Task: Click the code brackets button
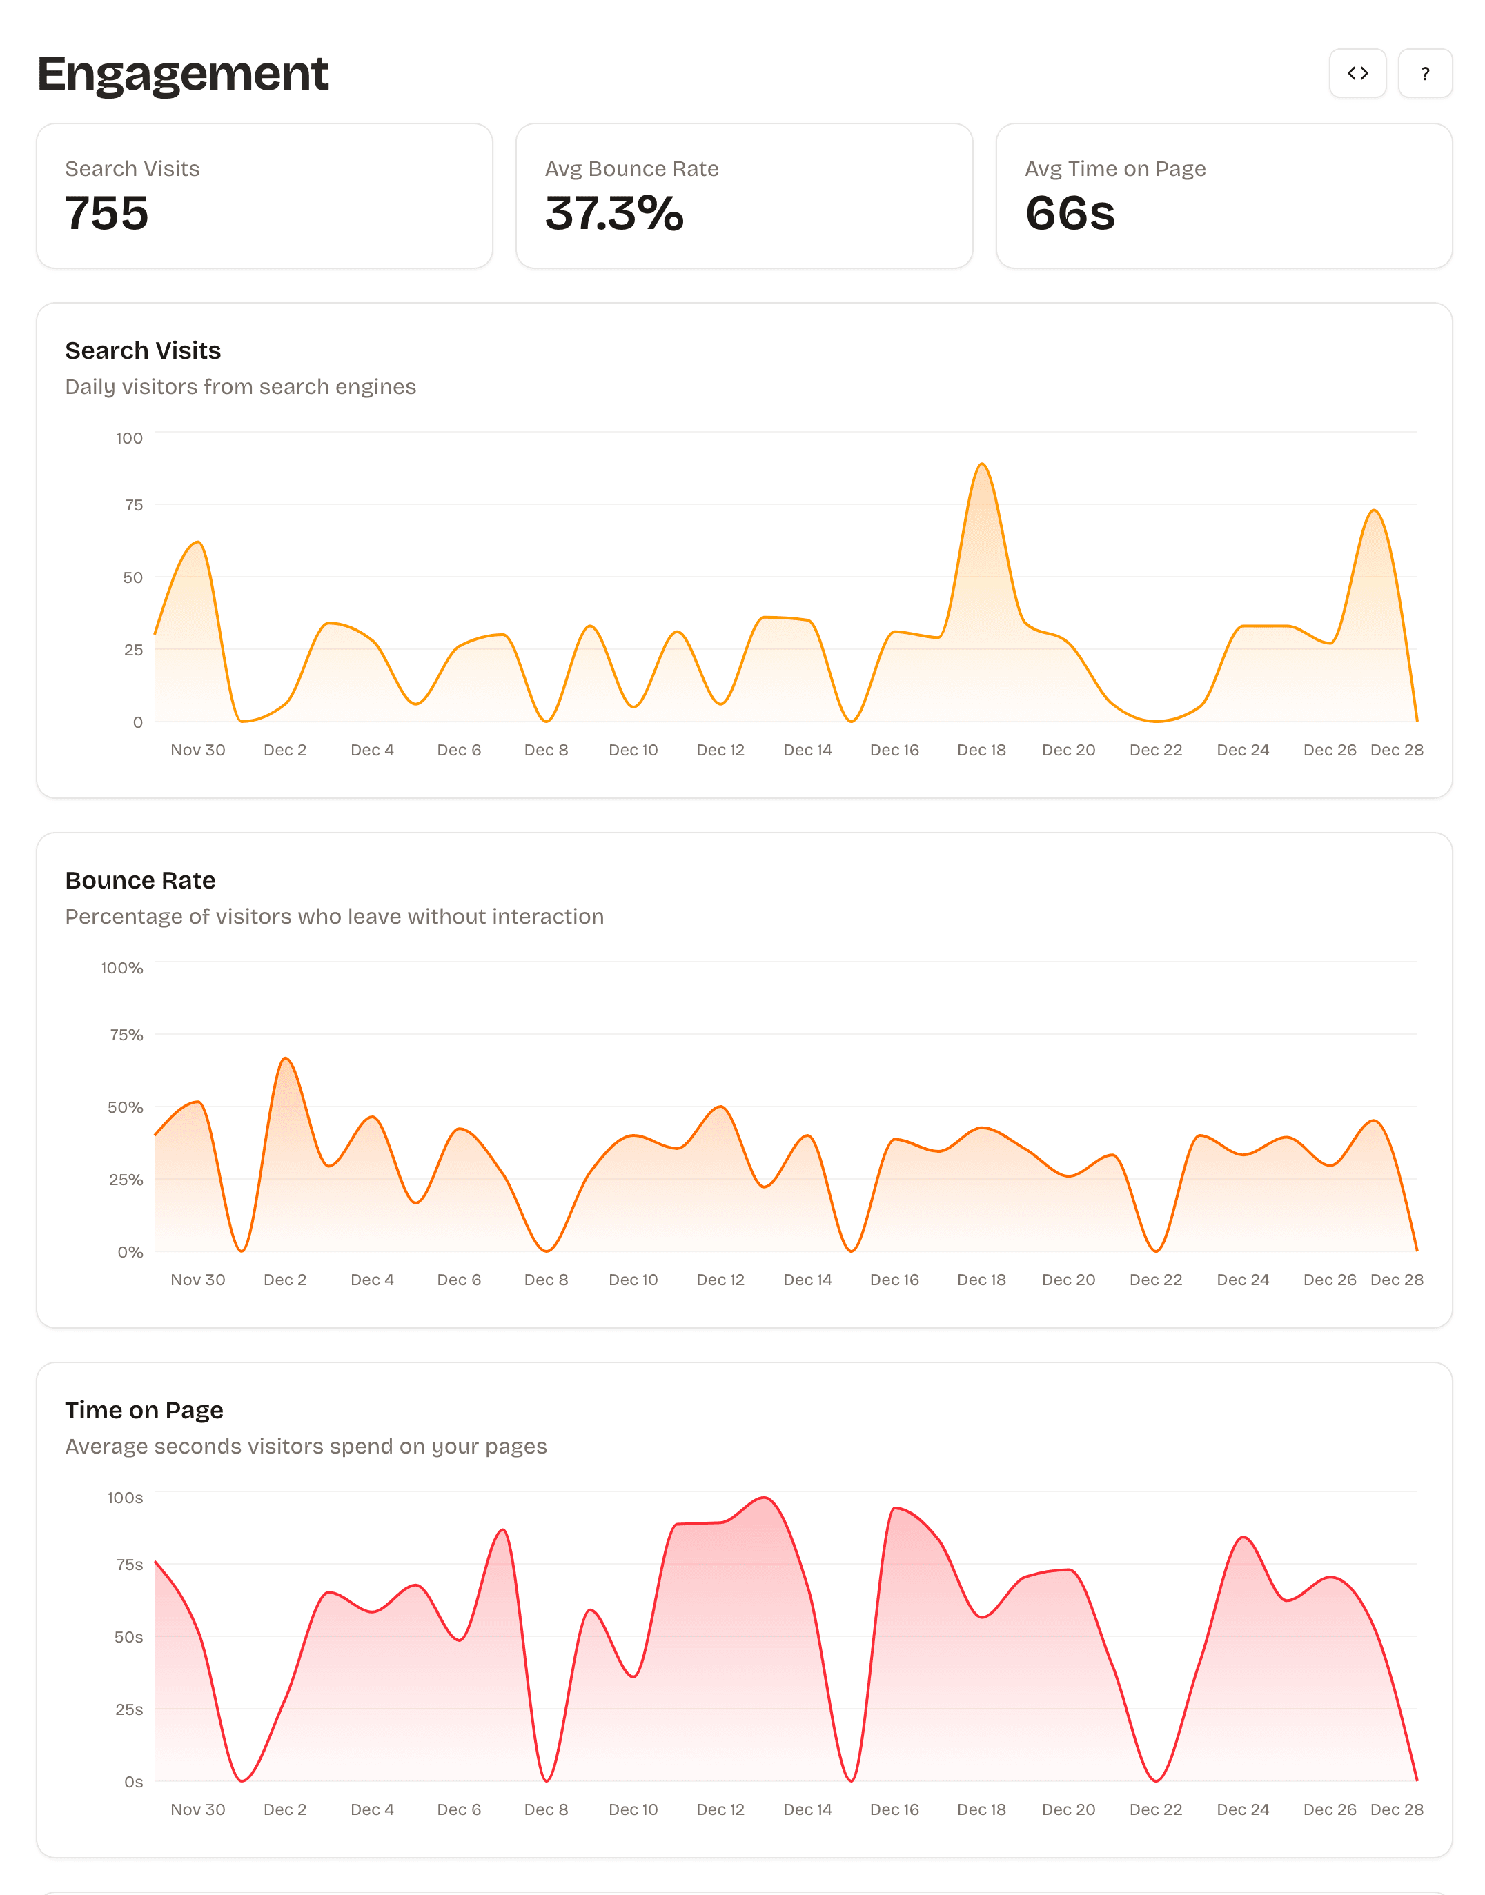tap(1357, 73)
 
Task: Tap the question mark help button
tap(1424, 73)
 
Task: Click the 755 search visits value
tap(107, 213)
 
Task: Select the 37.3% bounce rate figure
tap(614, 213)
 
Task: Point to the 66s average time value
tap(1070, 213)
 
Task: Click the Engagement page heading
tap(183, 73)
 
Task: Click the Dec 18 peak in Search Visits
tap(981, 464)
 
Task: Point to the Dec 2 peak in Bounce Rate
tap(285, 1058)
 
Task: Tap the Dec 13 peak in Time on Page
tap(764, 1498)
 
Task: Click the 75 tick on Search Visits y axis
tap(133, 505)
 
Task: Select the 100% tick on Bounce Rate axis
tap(121, 967)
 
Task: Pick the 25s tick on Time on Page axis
tap(128, 1709)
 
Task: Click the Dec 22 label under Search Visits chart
tap(1155, 750)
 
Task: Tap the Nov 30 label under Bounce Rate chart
tap(197, 1280)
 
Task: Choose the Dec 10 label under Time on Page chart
tap(633, 1809)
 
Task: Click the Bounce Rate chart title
tap(140, 880)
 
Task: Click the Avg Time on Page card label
tap(1114, 168)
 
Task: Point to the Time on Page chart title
tap(144, 1409)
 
